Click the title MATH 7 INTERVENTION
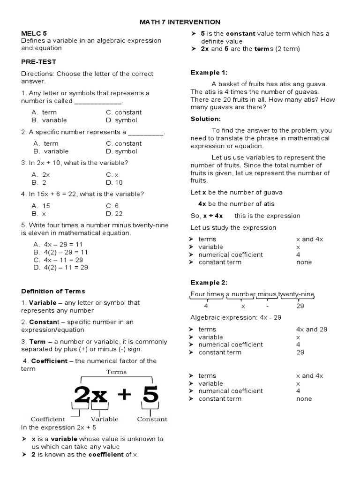tap(180, 22)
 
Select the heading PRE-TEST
tap(38, 61)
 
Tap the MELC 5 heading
tap(34, 33)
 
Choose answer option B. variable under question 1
tap(50, 120)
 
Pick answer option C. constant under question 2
tap(124, 143)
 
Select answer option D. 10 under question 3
tap(114, 182)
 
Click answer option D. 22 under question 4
tap(114, 213)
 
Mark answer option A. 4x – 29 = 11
tap(58, 244)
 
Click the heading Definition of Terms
tap(53, 291)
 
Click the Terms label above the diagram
tap(117, 372)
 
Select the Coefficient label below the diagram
tap(47, 419)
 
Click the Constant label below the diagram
tap(152, 419)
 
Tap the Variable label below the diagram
tap(104, 419)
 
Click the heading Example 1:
tap(209, 72)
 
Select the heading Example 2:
tap(209, 282)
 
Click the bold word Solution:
tap(205, 119)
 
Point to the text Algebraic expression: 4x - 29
tap(235, 317)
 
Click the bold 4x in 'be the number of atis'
tap(202, 204)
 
